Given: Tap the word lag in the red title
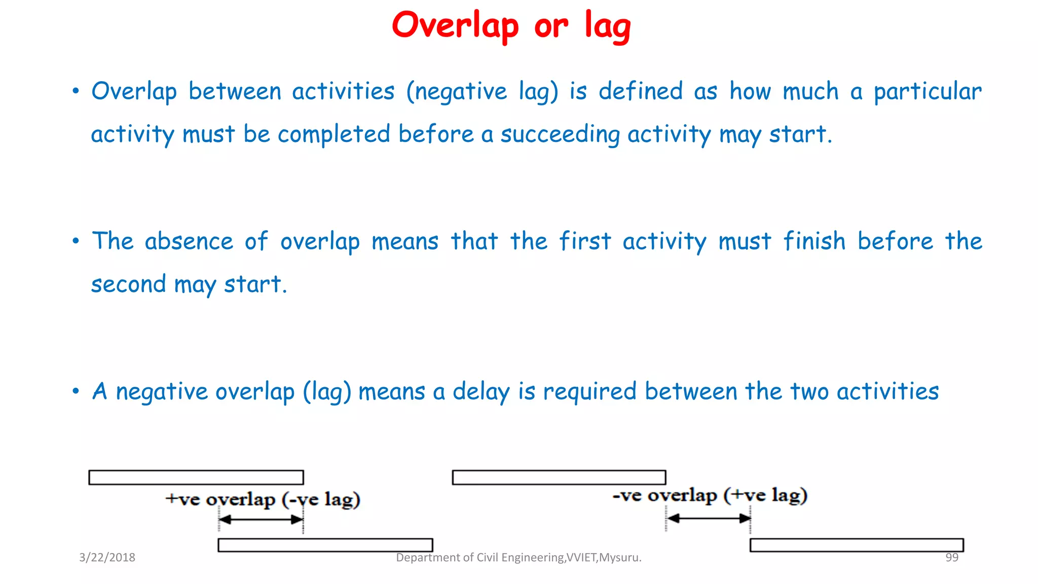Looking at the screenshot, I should [607, 26].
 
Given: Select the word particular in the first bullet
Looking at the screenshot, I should [928, 92].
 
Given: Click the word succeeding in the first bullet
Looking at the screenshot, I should [560, 135].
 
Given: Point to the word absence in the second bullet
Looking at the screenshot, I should [189, 241].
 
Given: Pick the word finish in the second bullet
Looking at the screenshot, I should [814, 241].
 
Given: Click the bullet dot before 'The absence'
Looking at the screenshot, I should [76, 241].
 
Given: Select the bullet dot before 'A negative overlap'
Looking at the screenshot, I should [76, 391].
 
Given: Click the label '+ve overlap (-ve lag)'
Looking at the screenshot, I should [263, 499].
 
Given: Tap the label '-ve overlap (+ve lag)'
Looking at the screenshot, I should [710, 495].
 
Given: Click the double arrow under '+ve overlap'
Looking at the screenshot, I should [261, 520].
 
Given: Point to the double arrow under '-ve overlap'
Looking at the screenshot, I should [708, 518].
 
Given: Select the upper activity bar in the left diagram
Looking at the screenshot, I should [196, 478].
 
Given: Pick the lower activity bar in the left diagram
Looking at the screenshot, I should [325, 545].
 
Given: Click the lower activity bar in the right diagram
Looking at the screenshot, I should [856, 545].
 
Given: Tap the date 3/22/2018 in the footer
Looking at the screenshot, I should [107, 558].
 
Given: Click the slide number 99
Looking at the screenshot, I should [951, 558].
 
